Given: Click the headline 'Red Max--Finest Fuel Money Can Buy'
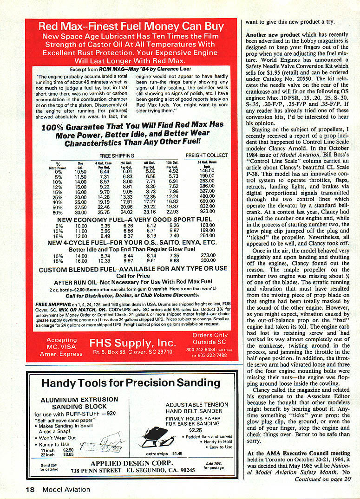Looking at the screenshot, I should [x=131, y=26].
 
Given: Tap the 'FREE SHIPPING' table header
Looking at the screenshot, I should [x=117, y=156].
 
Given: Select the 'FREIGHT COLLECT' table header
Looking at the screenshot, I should [x=207, y=156].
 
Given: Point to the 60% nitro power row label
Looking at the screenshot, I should [x=59, y=212].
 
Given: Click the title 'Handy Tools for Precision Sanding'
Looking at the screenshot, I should [x=131, y=382].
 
